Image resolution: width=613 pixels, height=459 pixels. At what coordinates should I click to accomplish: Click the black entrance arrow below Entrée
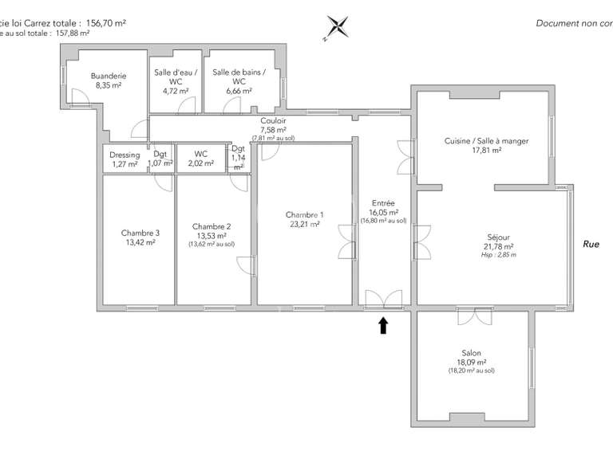click(383, 324)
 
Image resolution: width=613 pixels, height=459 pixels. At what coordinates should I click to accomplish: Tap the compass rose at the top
click(337, 27)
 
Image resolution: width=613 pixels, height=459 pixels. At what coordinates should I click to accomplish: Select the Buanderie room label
click(109, 76)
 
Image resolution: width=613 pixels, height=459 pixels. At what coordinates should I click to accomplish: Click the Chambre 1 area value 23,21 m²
click(304, 225)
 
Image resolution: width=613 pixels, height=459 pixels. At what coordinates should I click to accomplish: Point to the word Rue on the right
click(591, 245)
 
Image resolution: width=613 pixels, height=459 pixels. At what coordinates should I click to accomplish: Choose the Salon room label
click(471, 353)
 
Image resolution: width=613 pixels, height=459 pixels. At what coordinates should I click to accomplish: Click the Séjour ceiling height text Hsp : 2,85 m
click(499, 255)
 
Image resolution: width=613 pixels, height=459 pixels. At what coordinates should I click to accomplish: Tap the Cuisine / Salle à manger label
click(486, 141)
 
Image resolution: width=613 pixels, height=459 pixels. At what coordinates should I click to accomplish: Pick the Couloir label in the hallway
click(273, 120)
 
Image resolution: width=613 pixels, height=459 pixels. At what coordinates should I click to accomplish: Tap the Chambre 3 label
click(140, 233)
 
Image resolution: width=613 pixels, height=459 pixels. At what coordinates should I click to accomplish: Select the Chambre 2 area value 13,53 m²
click(212, 236)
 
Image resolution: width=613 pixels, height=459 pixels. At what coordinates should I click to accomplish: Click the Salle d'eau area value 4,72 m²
click(176, 91)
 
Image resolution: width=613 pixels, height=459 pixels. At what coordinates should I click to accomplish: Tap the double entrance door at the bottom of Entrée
click(384, 300)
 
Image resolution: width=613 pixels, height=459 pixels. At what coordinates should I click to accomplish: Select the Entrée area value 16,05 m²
click(384, 213)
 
